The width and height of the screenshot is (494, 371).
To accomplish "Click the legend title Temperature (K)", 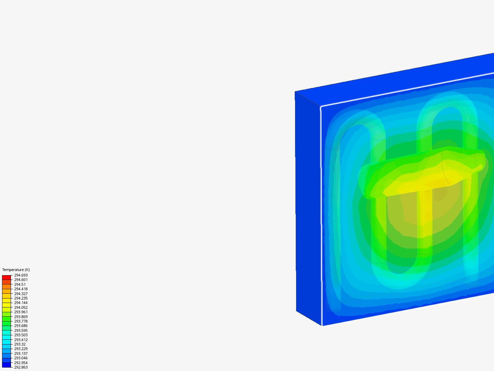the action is pyautogui.click(x=16, y=270).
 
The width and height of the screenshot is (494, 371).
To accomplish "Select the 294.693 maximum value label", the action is pyautogui.click(x=21, y=275).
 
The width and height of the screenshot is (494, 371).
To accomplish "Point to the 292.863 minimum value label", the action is pyautogui.click(x=21, y=367).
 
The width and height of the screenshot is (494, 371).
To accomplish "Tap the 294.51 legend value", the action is pyautogui.click(x=20, y=284).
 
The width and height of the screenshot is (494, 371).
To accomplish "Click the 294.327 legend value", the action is pyautogui.click(x=21, y=293).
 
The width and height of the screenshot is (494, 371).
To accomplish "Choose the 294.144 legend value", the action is pyautogui.click(x=21, y=303).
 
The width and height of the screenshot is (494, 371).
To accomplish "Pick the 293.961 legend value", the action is pyautogui.click(x=21, y=312).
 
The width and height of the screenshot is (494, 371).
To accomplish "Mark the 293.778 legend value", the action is pyautogui.click(x=21, y=321).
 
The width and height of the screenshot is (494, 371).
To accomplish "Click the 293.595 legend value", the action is pyautogui.click(x=21, y=330).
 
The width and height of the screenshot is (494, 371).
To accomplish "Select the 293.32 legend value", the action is pyautogui.click(x=20, y=344).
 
